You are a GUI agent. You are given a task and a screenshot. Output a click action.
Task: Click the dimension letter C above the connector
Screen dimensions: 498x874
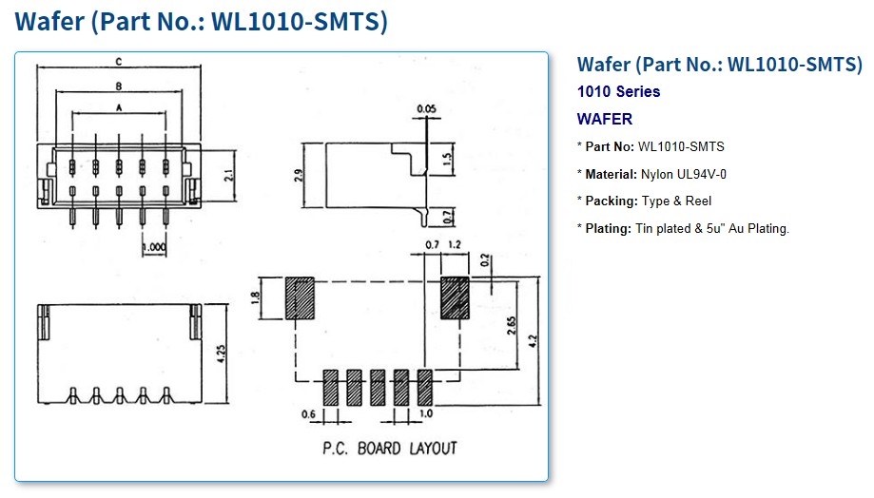click(x=118, y=63)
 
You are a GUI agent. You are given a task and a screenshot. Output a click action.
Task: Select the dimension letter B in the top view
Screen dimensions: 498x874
click(x=118, y=86)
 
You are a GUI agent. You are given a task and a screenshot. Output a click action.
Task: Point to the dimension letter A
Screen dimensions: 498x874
click(x=118, y=109)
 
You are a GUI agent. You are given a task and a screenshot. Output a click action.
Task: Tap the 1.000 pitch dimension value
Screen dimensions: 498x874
click(x=154, y=248)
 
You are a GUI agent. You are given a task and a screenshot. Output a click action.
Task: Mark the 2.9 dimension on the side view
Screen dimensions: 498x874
click(x=297, y=176)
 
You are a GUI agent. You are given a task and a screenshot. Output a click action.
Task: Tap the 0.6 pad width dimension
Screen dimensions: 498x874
click(x=308, y=414)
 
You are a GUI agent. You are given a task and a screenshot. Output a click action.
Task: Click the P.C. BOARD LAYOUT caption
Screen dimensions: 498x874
click(x=391, y=448)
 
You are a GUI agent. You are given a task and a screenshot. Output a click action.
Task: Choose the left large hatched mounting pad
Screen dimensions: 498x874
click(x=301, y=297)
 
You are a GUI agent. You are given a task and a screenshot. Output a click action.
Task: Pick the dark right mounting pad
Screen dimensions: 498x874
click(x=455, y=297)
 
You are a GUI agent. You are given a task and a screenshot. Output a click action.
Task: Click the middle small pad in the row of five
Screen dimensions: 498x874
click(x=377, y=388)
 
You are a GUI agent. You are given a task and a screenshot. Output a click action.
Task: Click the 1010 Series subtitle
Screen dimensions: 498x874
click(x=618, y=92)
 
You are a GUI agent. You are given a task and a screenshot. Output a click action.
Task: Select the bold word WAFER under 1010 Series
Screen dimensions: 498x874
click(x=605, y=120)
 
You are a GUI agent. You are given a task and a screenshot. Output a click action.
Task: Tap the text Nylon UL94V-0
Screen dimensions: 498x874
click(x=684, y=174)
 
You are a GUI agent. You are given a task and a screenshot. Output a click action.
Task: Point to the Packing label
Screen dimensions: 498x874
click(x=612, y=201)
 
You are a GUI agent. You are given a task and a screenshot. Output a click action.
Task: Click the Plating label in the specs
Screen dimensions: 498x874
click(x=610, y=228)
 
